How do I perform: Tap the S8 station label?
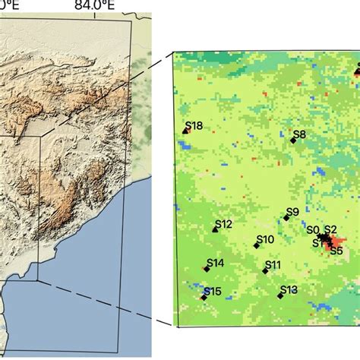[x=300, y=134]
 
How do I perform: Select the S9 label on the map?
[x=292, y=212]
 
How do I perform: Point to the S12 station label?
[x=223, y=224]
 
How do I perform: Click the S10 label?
[x=265, y=239]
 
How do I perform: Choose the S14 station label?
[x=215, y=263]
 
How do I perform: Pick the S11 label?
[x=273, y=264]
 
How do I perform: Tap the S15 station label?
[x=213, y=292]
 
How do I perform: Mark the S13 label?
[x=289, y=289]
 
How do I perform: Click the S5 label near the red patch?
[x=336, y=250]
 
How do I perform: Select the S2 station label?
[x=330, y=230]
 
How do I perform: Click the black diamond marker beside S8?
[x=293, y=141]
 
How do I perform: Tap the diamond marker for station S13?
[x=280, y=295]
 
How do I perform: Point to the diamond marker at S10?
[x=257, y=245]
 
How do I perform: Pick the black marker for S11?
[x=266, y=270]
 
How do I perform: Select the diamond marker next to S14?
[x=206, y=269]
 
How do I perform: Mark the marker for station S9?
[x=286, y=218]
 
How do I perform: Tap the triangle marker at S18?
[x=185, y=131]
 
